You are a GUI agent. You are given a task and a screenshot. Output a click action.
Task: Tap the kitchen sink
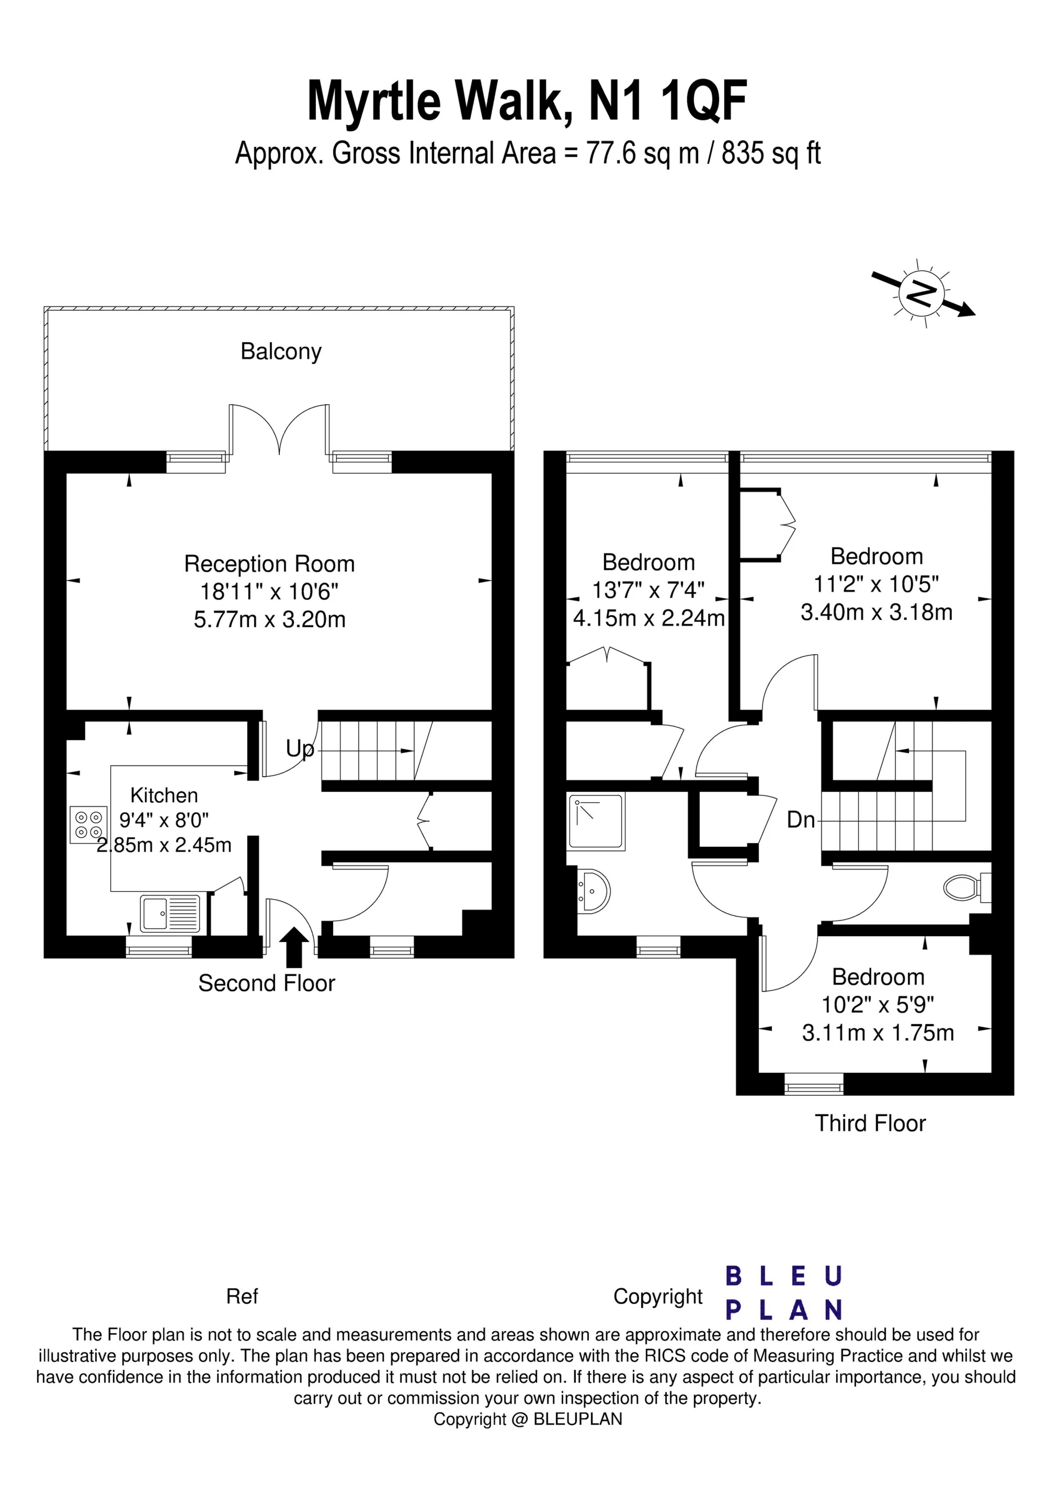pyautogui.click(x=170, y=913)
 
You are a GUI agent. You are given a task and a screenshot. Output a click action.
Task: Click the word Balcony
pyautogui.click(x=281, y=351)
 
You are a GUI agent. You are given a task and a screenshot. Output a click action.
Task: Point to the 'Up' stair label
pyautogui.click(x=300, y=749)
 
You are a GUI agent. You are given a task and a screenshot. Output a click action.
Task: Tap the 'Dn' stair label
pyautogui.click(x=801, y=820)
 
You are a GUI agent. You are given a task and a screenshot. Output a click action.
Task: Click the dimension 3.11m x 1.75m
pyautogui.click(x=878, y=1033)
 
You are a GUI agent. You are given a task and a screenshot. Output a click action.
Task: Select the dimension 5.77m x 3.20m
pyautogui.click(x=270, y=619)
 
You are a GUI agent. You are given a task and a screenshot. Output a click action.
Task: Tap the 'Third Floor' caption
pyautogui.click(x=870, y=1123)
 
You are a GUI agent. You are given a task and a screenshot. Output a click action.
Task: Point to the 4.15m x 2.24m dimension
pyautogui.click(x=649, y=618)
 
